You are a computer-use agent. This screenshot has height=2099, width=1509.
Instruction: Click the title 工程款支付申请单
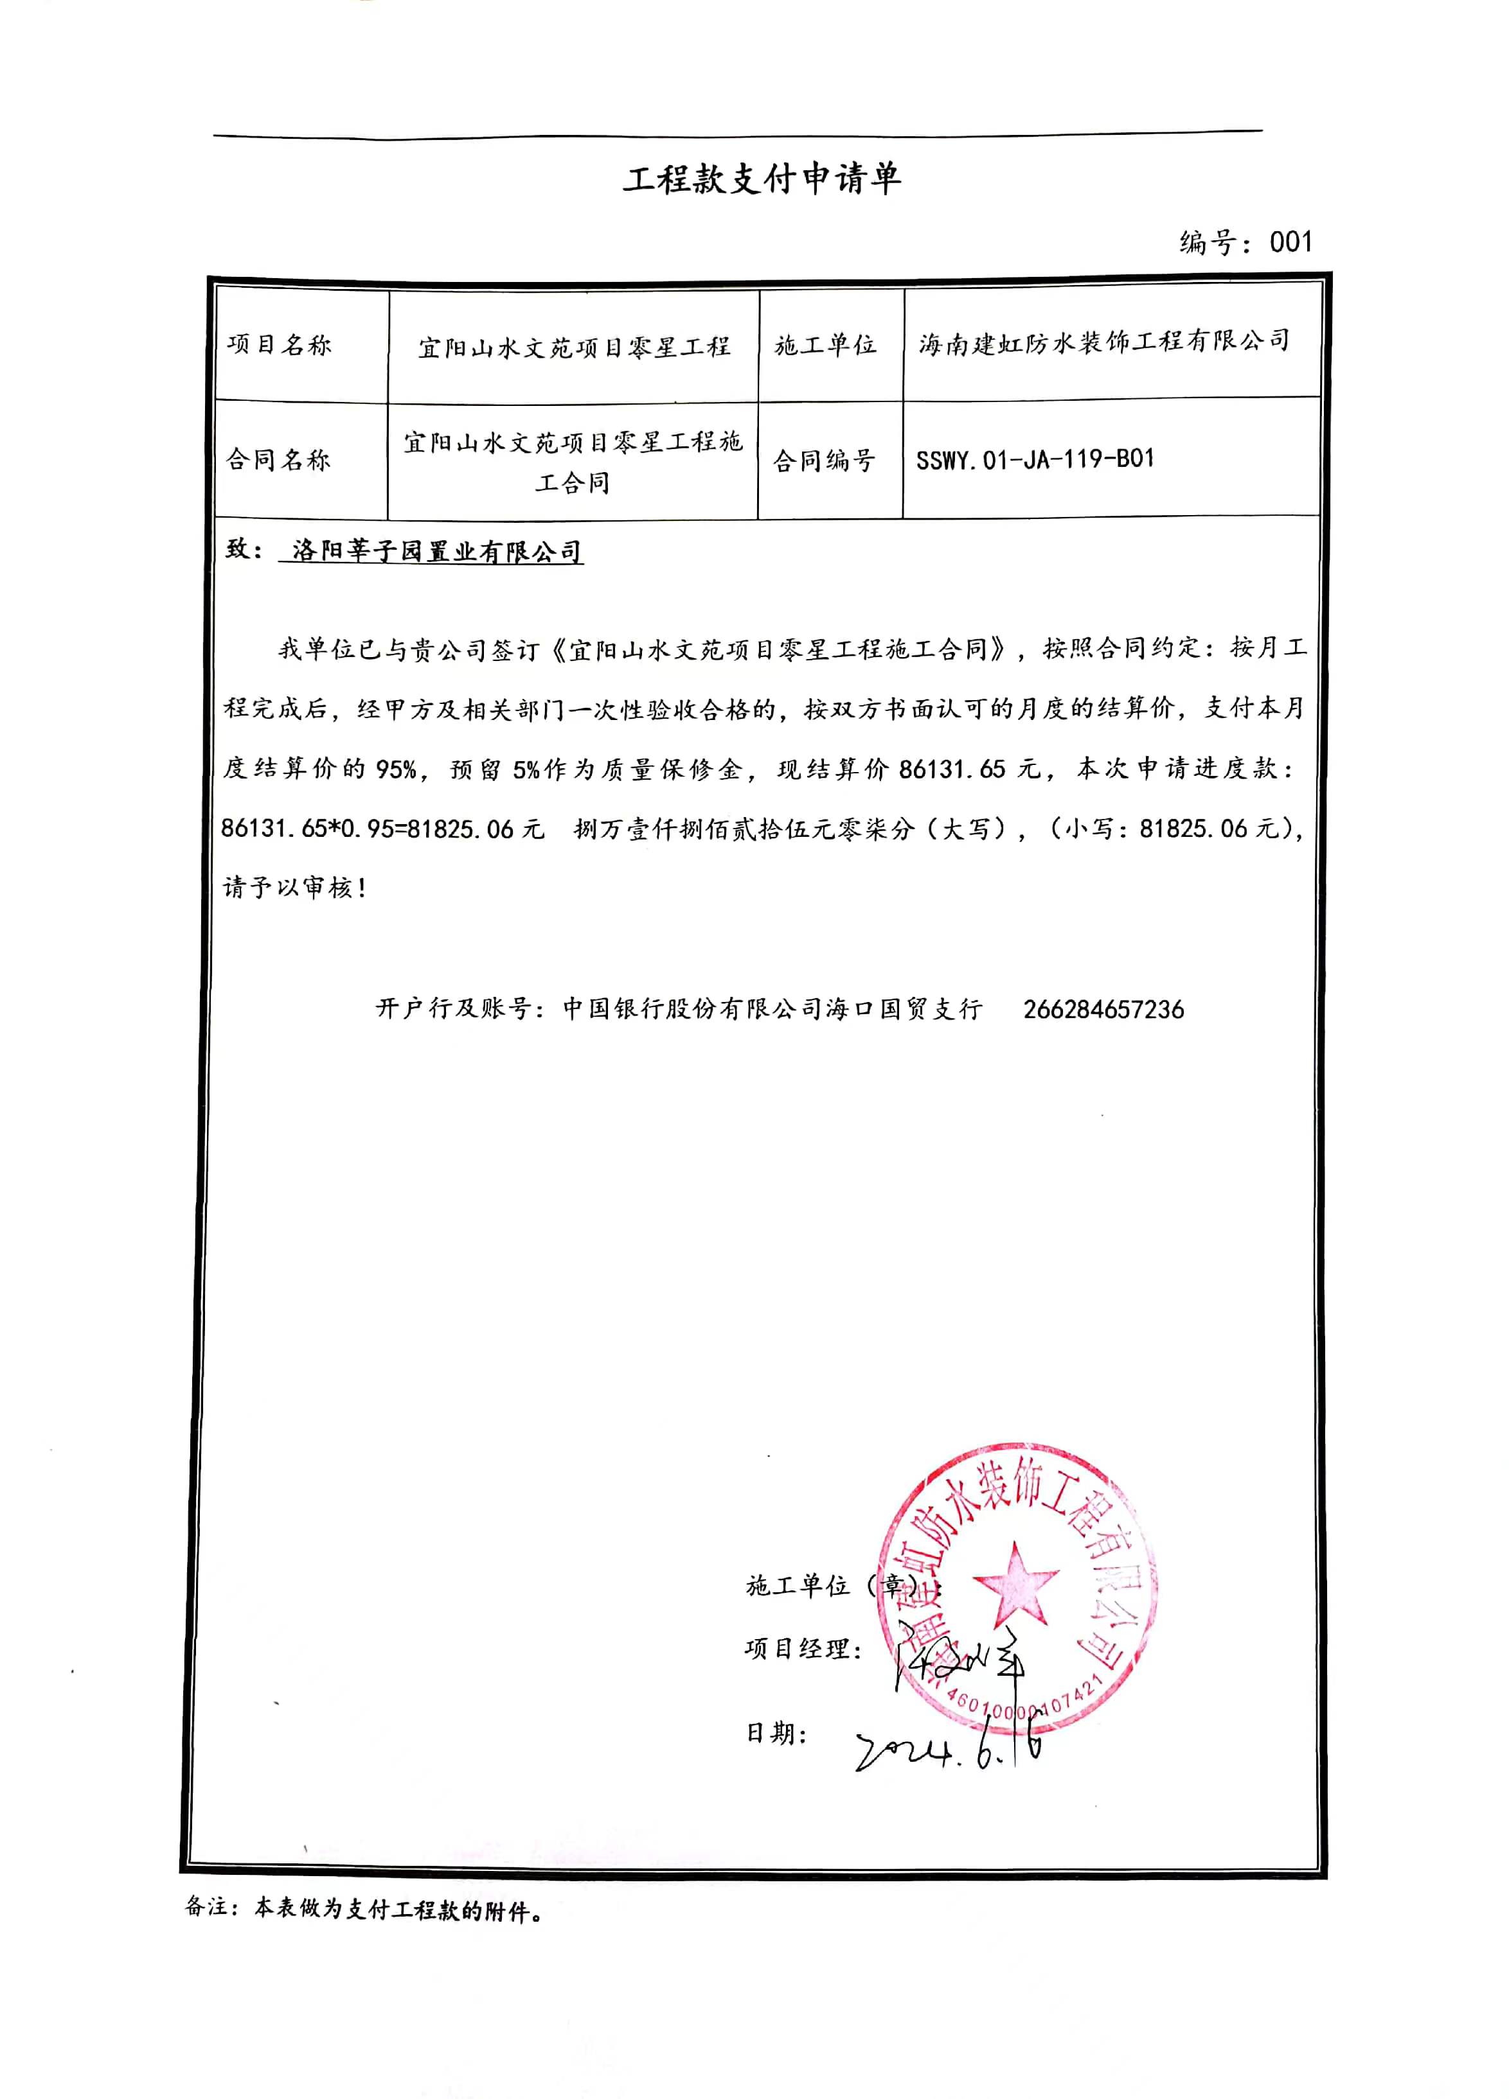(x=761, y=179)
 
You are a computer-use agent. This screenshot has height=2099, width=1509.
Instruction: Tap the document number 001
(x=1290, y=243)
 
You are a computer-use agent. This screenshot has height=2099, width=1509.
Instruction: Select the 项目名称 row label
(x=280, y=345)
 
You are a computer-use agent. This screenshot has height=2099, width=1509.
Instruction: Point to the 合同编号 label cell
(x=824, y=460)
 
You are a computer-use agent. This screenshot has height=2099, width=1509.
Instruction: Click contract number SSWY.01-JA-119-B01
(x=1035, y=459)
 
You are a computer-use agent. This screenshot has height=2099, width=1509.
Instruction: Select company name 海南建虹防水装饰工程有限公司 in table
(x=1103, y=342)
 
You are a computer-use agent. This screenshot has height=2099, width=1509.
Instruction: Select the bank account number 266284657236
(x=1103, y=1009)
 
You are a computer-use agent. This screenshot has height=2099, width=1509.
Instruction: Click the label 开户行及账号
(x=452, y=1008)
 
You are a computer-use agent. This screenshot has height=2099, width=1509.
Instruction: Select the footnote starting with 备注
(x=364, y=1908)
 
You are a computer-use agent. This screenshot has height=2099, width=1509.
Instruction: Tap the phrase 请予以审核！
(x=294, y=888)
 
